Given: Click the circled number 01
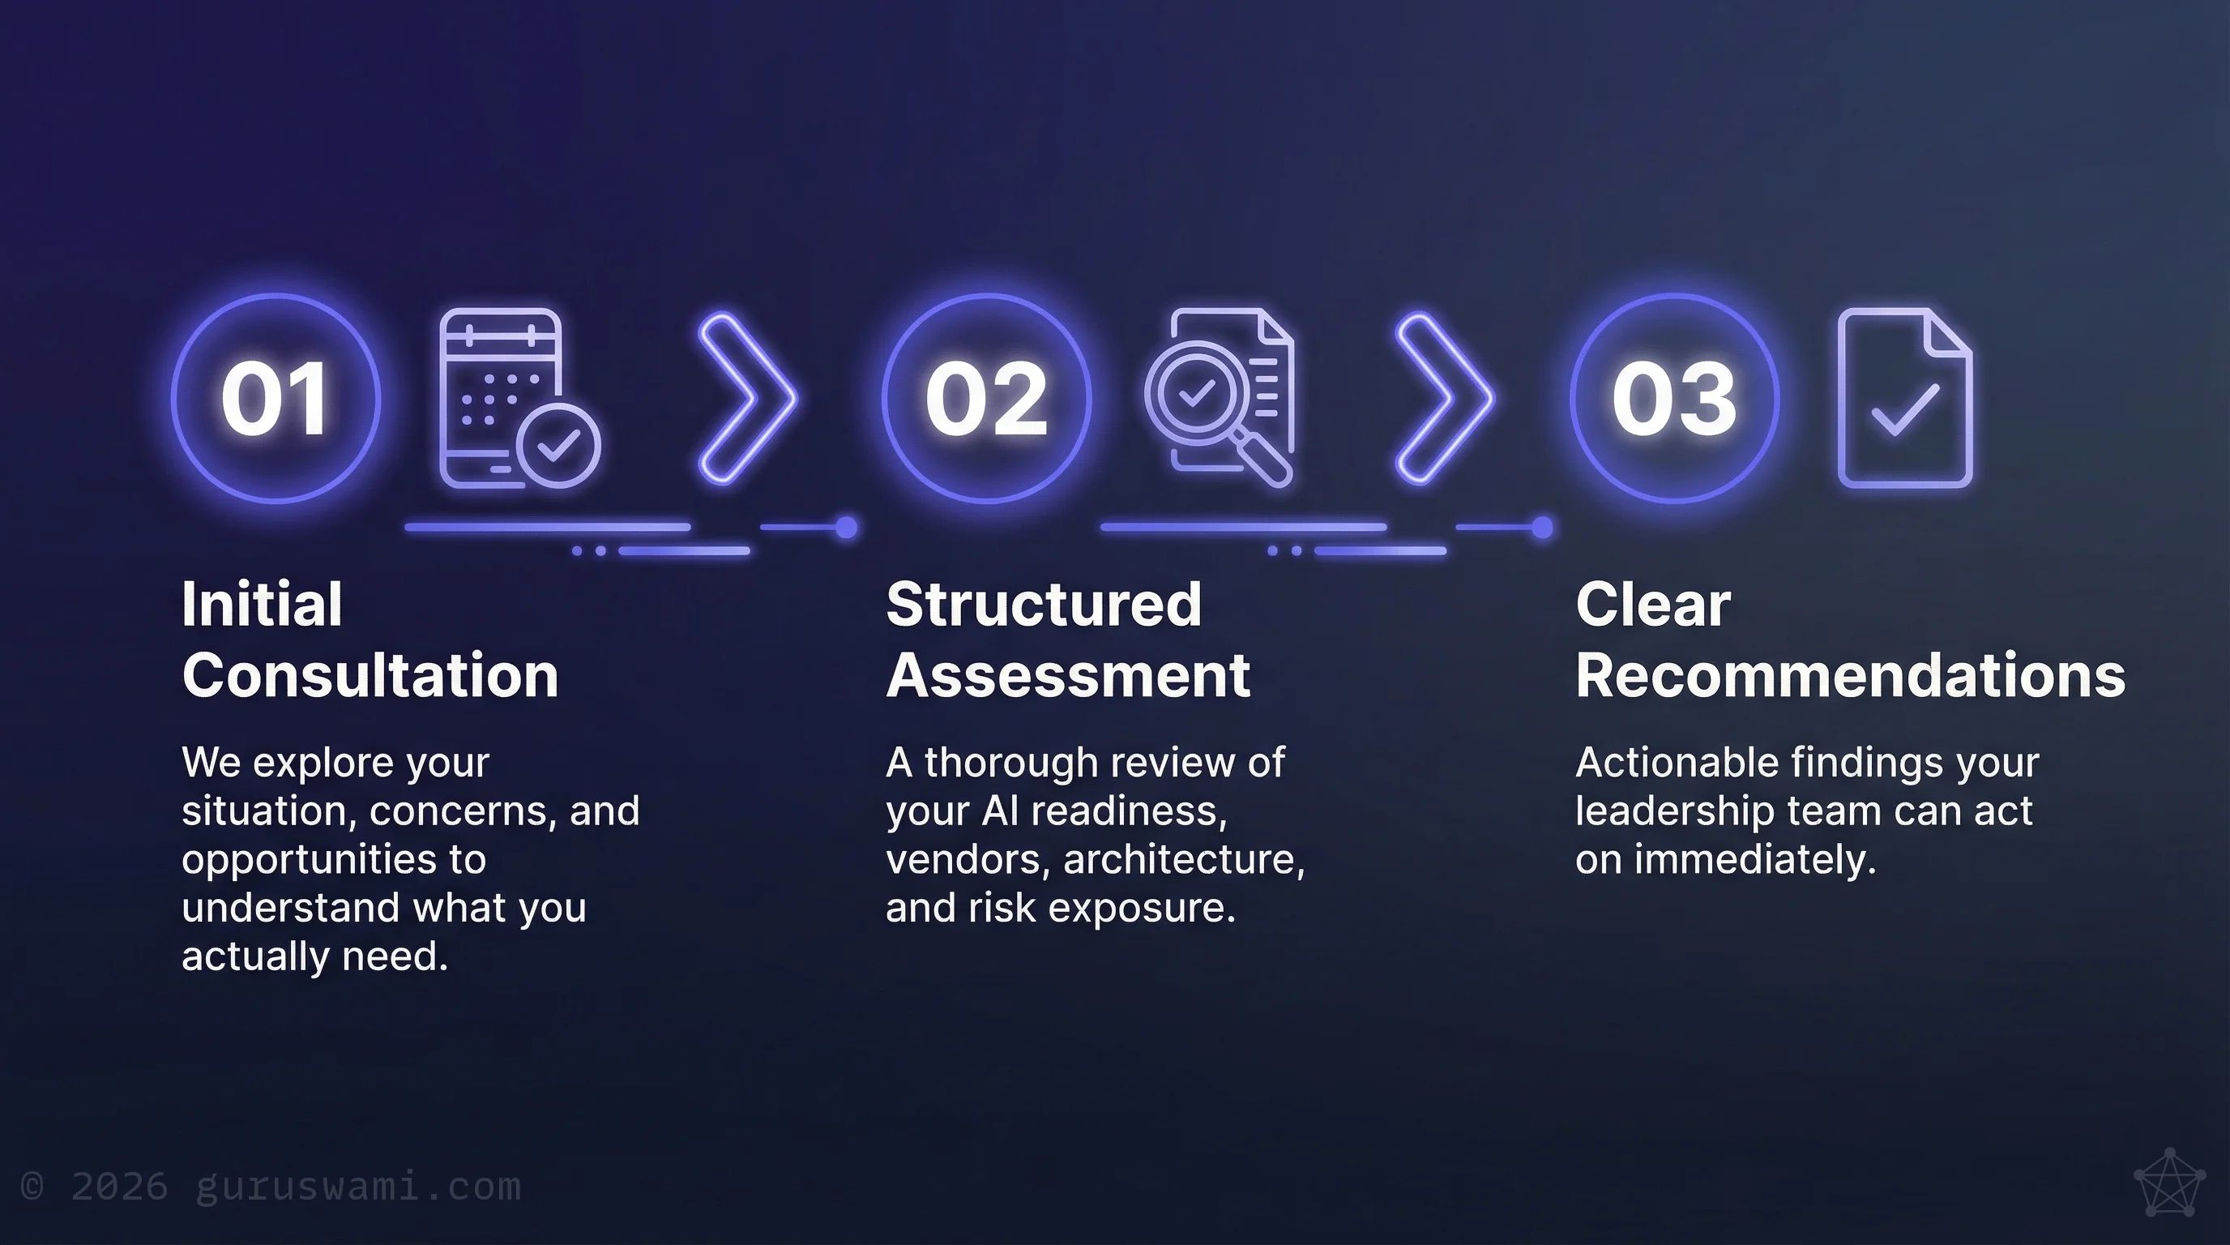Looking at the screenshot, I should [276, 398].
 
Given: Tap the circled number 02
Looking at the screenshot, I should [987, 398].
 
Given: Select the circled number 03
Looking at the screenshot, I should [1674, 398].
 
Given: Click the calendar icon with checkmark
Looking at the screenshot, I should [518, 398].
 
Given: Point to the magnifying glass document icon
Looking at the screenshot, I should [1220, 398].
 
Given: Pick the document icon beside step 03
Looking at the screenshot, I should [1904, 398].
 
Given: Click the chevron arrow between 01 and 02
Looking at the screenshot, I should [746, 398].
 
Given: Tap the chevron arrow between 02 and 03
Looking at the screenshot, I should [1443, 398].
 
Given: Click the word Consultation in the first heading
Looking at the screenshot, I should [370, 675].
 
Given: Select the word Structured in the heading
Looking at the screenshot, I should [1044, 605].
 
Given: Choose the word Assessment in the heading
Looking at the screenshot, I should [1068, 675].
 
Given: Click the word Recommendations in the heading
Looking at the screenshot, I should [1850, 675].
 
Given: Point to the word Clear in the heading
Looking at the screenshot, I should [1652, 605].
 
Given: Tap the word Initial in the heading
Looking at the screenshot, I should [262, 605].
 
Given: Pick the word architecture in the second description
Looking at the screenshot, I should [1183, 860].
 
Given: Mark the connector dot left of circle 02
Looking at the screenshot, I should [847, 528].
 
